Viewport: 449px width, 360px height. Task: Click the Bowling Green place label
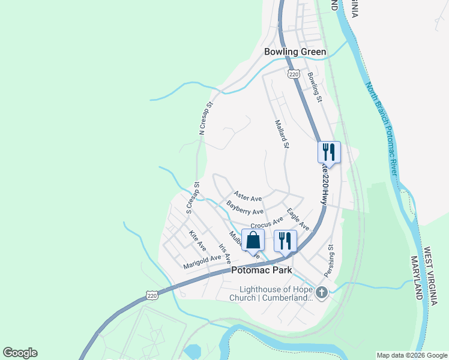[x=295, y=52]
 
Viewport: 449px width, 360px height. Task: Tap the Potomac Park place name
[x=262, y=271]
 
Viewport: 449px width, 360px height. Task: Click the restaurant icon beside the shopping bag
[x=285, y=240]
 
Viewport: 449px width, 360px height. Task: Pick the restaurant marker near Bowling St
[x=329, y=151]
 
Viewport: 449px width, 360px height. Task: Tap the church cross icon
[x=322, y=293]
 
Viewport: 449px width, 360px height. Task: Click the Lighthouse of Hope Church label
[x=273, y=293]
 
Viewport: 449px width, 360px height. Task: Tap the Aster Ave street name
[x=248, y=196]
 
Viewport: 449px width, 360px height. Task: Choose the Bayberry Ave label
[x=245, y=208]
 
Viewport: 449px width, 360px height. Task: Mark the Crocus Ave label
[x=267, y=223]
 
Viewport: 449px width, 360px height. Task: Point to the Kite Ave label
[x=197, y=241]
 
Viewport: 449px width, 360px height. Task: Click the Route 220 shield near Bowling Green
[x=293, y=74]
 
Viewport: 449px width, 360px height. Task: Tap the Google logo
[x=20, y=353]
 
